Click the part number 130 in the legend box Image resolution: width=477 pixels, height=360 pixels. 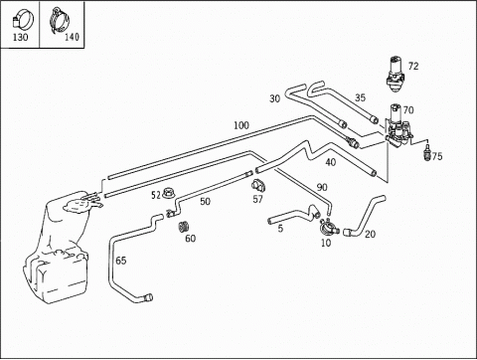20,37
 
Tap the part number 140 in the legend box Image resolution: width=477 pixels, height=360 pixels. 72,36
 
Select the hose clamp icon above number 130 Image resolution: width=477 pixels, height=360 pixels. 22,20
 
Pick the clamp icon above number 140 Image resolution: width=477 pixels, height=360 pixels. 60,19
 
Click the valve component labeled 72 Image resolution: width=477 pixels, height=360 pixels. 396,74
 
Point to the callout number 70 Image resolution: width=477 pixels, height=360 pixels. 408,109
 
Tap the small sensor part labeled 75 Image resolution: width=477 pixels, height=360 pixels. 427,152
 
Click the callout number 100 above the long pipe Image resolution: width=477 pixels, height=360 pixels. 241,125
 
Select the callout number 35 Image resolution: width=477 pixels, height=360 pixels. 360,97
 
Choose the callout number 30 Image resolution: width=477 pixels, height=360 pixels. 274,98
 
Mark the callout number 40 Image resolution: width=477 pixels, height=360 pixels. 330,162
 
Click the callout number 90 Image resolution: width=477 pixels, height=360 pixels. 322,187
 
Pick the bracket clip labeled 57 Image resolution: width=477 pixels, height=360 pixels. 258,186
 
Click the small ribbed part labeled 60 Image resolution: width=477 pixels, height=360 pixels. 183,227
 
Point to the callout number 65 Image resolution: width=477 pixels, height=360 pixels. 121,261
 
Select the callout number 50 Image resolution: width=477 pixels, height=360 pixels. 205,201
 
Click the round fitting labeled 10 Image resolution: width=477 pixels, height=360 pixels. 328,227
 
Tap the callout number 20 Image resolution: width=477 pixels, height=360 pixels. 370,234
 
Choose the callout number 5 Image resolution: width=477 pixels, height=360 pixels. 280,228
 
